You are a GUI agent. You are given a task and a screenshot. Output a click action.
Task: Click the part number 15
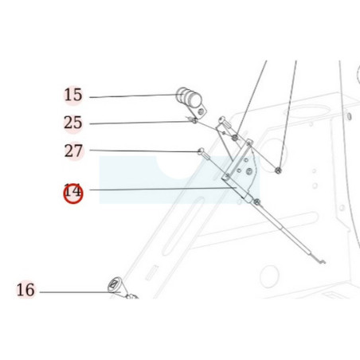pos(73,95)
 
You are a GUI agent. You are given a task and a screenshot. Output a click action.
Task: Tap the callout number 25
pos(73,123)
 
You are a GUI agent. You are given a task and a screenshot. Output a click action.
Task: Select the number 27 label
pos(73,151)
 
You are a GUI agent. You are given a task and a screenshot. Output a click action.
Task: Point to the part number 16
pos(25,290)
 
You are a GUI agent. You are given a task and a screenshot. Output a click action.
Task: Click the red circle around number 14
pos(73,194)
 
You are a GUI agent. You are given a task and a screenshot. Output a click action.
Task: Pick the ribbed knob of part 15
pos(189,97)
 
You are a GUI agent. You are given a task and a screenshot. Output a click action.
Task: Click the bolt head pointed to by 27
pos(201,151)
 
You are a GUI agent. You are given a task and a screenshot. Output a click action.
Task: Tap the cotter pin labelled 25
pos(193,120)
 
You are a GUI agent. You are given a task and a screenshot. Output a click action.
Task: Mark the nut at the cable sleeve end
pos(256,202)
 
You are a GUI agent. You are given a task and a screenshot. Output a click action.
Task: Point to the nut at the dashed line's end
pos(278,170)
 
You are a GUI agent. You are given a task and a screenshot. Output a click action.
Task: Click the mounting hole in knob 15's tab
pos(202,112)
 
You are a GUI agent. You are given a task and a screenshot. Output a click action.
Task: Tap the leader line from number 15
pos(134,96)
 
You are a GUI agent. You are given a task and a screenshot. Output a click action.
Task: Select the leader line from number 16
pos(80,292)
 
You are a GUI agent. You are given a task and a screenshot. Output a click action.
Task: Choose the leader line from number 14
pos(162,189)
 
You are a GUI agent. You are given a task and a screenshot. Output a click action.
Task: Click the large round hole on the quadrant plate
pos(248,171)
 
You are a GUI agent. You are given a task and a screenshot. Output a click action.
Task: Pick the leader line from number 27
pos(144,151)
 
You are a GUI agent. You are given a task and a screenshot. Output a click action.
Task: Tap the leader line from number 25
pos(142,123)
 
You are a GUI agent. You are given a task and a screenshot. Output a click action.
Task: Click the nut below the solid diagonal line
pos(235,138)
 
